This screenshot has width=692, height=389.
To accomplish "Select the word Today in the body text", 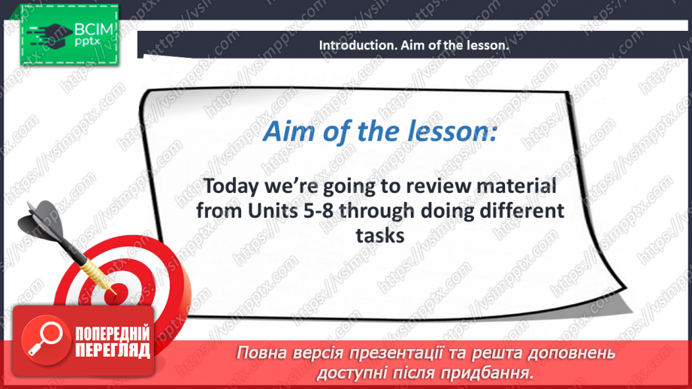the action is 231,187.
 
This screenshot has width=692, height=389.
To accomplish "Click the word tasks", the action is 380,236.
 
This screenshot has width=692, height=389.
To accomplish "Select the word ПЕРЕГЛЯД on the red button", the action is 113,351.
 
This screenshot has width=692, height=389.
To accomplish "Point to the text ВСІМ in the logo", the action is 94,29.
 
